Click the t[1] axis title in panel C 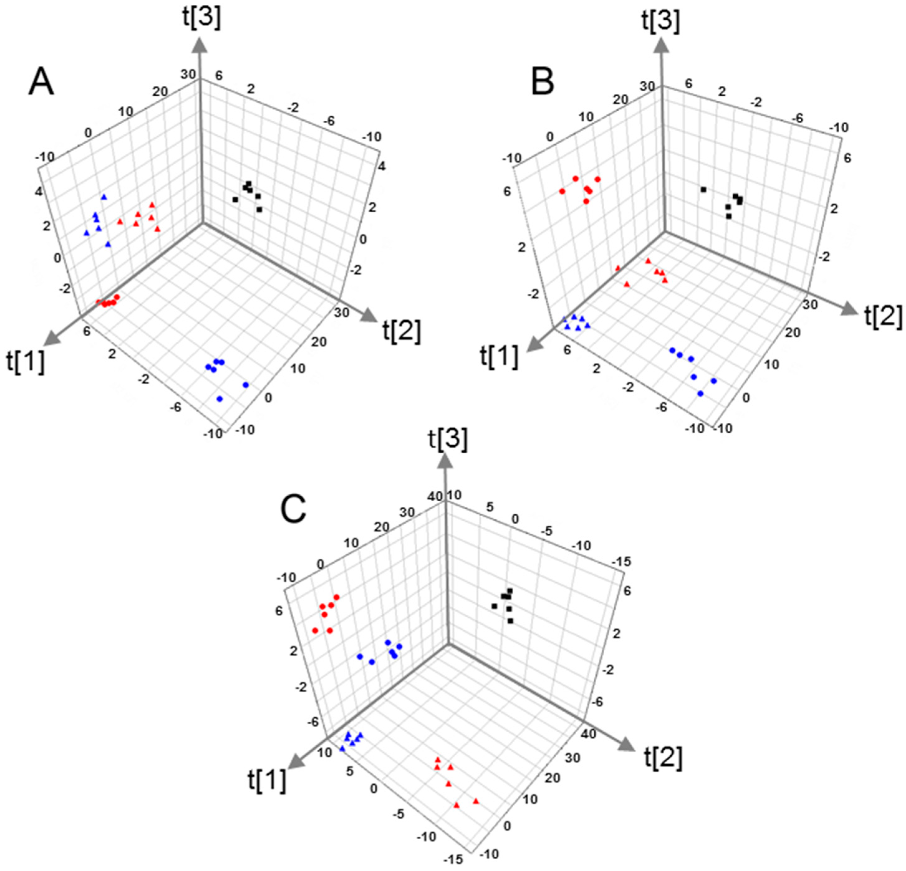(267, 781)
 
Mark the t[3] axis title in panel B (661, 21)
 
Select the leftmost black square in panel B (703, 190)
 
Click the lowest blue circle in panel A (220, 398)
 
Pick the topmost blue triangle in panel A (104, 197)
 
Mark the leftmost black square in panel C (494, 606)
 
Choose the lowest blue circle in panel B (700, 393)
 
